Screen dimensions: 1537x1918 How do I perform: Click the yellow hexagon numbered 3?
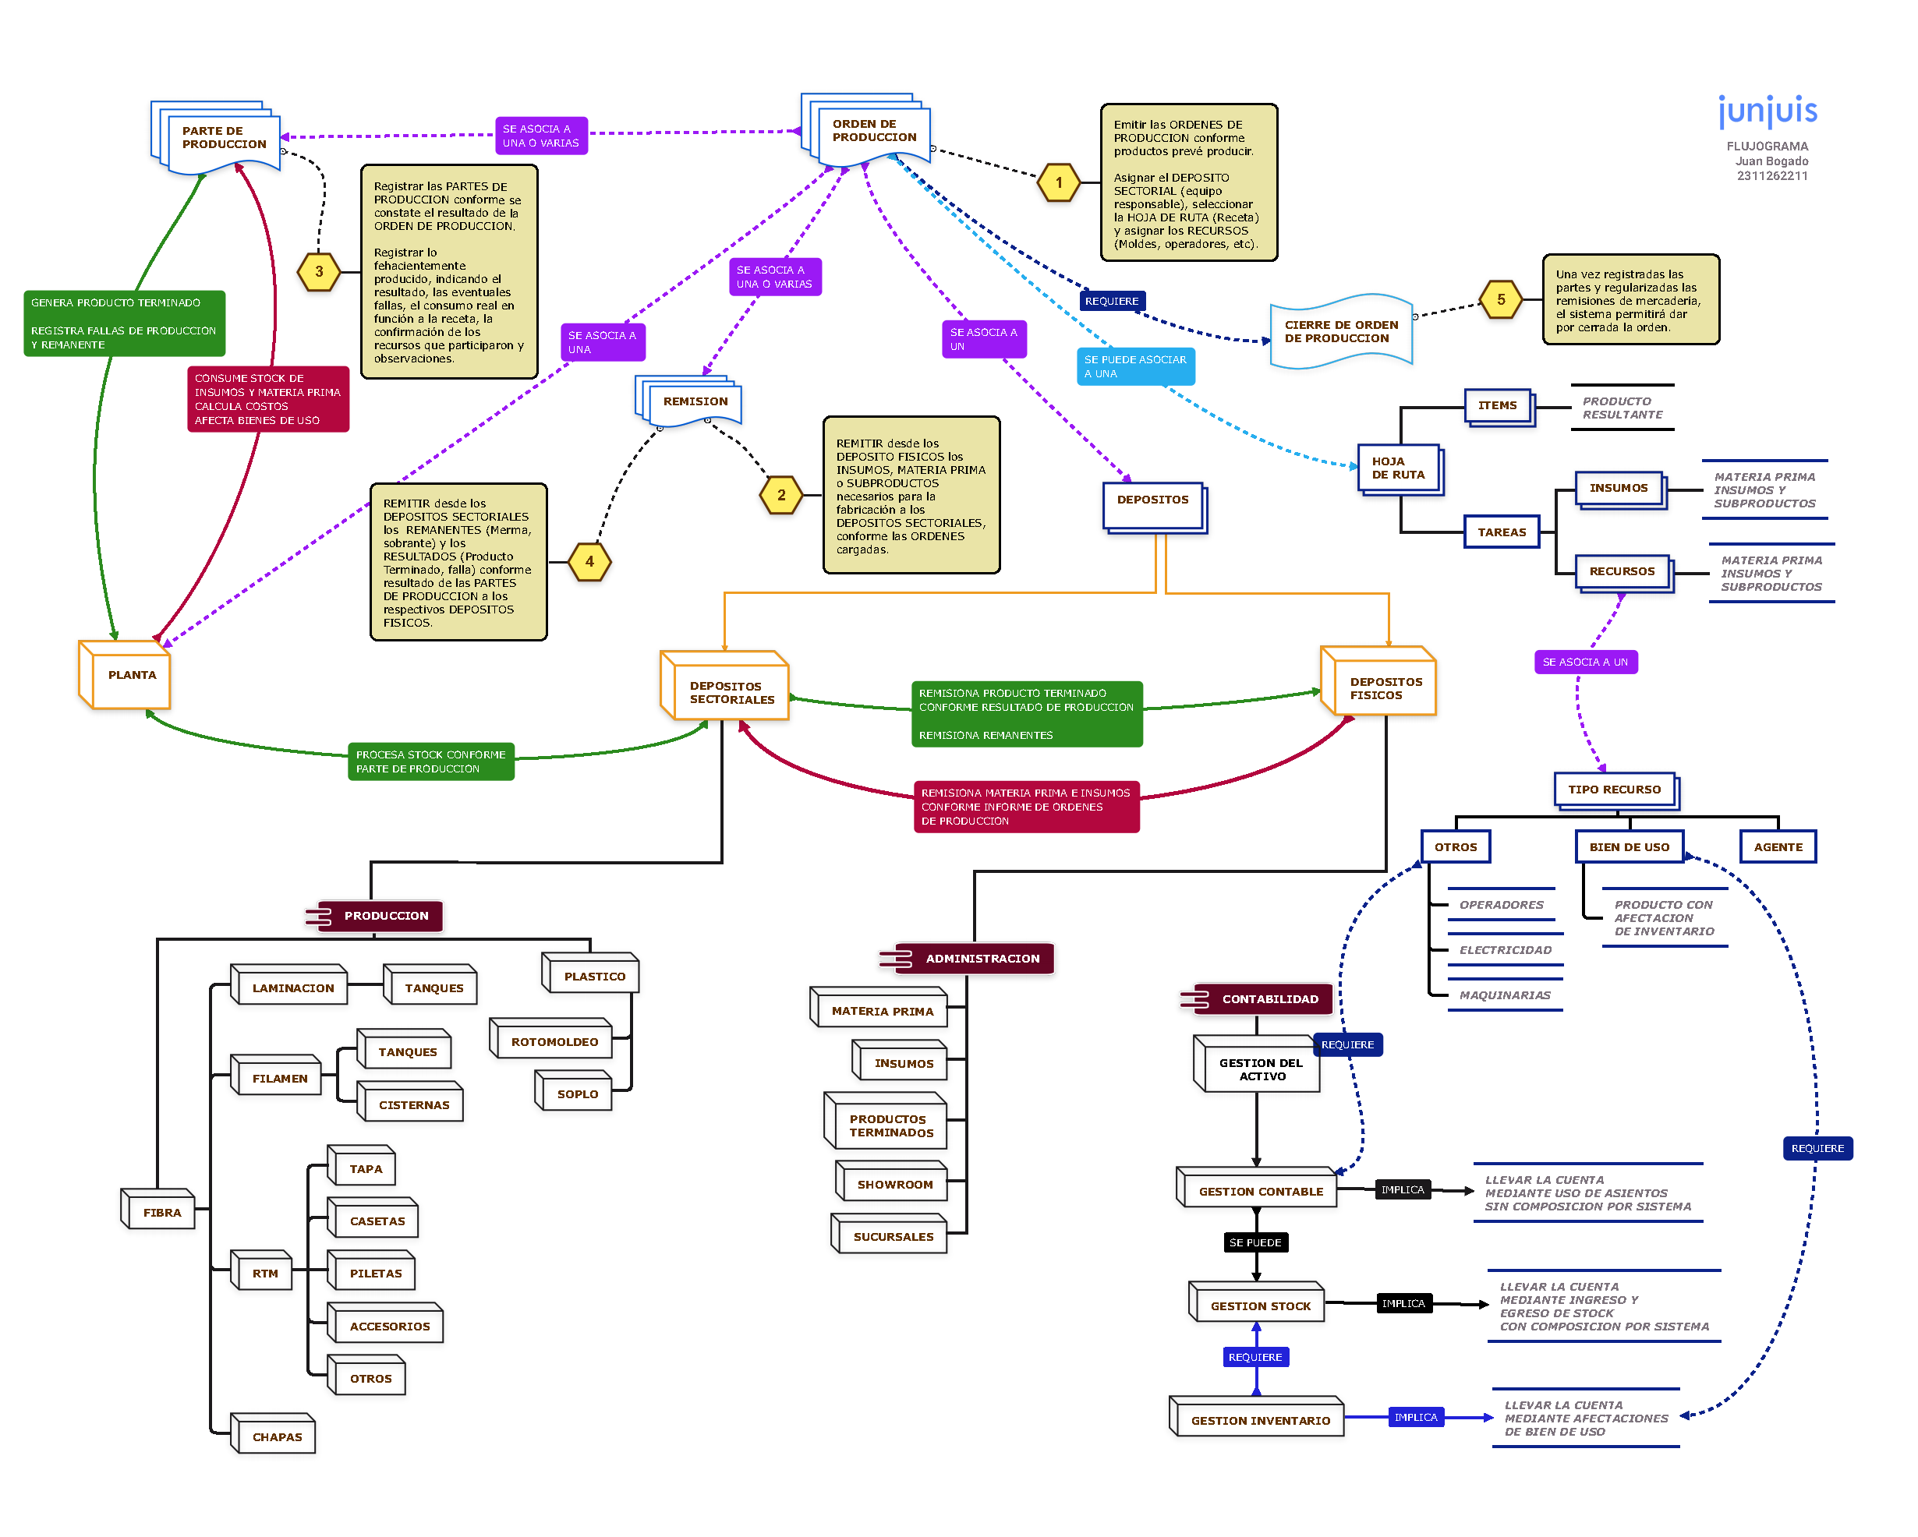tap(318, 272)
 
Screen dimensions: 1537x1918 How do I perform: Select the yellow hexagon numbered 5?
tap(1501, 300)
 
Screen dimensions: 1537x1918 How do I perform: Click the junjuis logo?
tap(1767, 111)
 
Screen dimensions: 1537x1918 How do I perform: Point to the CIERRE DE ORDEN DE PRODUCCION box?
tap(1340, 332)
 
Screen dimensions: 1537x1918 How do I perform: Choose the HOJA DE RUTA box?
tap(1400, 468)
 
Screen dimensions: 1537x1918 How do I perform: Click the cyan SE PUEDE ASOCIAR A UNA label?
tap(1134, 366)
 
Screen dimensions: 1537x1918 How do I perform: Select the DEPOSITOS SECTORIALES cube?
tap(727, 691)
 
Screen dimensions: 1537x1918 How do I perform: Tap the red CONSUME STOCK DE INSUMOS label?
tap(267, 399)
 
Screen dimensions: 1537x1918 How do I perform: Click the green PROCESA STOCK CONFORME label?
tap(430, 761)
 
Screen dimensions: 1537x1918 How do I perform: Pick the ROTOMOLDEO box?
tap(554, 1041)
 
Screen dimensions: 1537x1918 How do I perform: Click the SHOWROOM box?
tap(894, 1184)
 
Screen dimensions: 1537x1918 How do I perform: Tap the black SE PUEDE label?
tap(1254, 1242)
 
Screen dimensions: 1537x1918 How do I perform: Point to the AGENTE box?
tap(1777, 846)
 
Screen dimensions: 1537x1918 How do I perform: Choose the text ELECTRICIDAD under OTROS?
tap(1504, 950)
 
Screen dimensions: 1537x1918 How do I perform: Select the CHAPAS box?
tap(276, 1436)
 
